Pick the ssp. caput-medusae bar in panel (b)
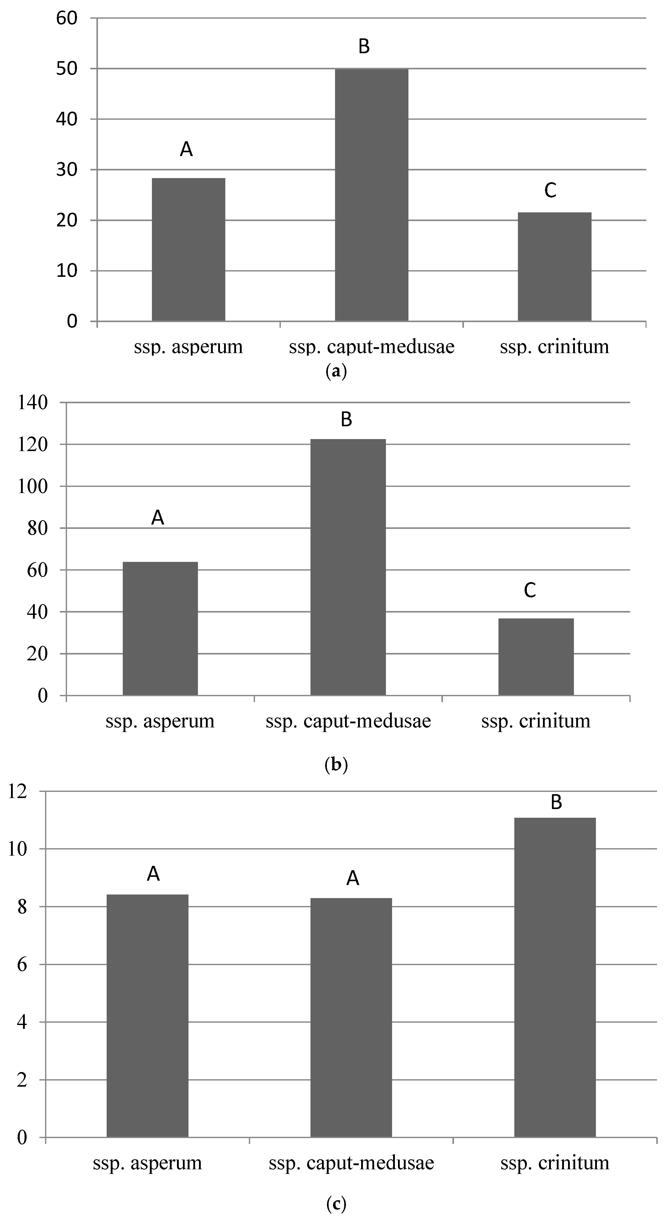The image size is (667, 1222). point(348,567)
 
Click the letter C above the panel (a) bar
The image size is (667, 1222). point(550,190)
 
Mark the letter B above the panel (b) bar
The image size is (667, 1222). point(347,419)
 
